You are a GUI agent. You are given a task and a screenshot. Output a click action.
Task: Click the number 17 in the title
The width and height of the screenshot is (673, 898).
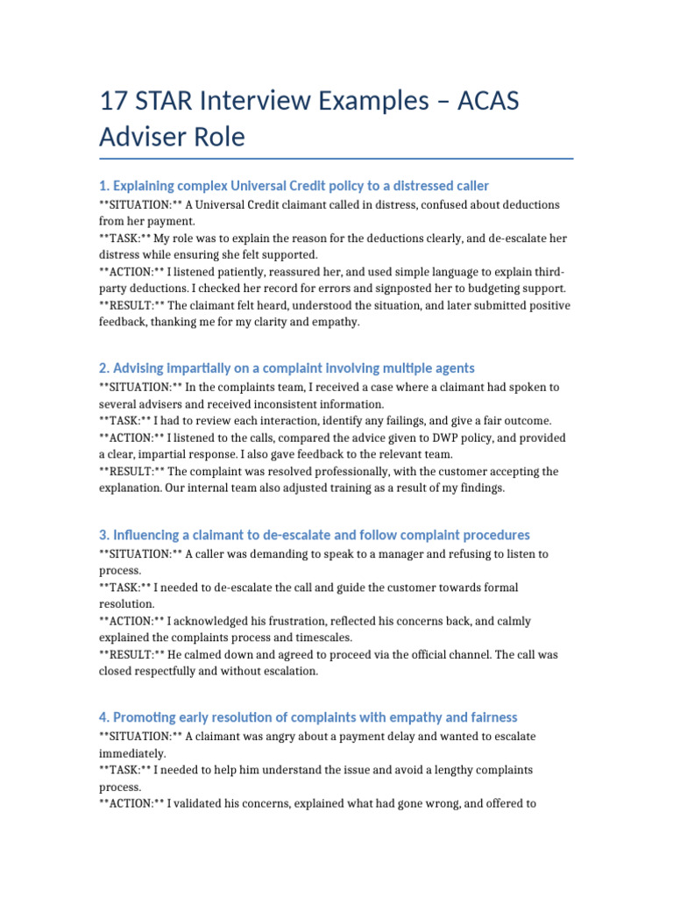(x=117, y=101)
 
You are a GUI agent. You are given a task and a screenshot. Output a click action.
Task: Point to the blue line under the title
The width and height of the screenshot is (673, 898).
(x=336, y=159)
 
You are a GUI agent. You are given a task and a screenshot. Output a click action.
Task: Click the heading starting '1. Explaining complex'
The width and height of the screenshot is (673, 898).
(x=294, y=186)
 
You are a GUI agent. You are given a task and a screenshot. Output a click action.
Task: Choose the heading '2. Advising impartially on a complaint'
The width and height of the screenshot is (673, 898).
(x=287, y=368)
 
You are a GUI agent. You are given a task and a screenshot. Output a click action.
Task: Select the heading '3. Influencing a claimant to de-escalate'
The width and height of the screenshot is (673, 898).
(x=314, y=535)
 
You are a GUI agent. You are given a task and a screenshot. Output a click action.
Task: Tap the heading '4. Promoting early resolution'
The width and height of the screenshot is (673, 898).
(x=308, y=717)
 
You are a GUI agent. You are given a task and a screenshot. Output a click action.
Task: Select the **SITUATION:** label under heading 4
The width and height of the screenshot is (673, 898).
(x=139, y=737)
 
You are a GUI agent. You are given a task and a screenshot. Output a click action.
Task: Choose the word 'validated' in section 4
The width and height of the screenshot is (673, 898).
(x=203, y=803)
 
